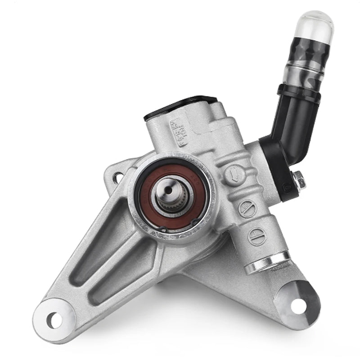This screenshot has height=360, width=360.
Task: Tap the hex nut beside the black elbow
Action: (298, 180)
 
